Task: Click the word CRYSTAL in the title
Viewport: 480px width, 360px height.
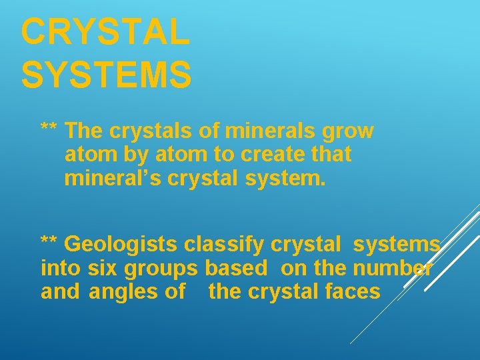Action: pos(105,33)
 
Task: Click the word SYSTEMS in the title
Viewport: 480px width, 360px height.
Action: pos(106,73)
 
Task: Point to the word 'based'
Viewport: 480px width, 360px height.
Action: pos(237,268)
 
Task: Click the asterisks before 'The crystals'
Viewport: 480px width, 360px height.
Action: pos(49,127)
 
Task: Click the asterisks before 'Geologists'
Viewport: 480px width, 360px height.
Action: pos(49,241)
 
